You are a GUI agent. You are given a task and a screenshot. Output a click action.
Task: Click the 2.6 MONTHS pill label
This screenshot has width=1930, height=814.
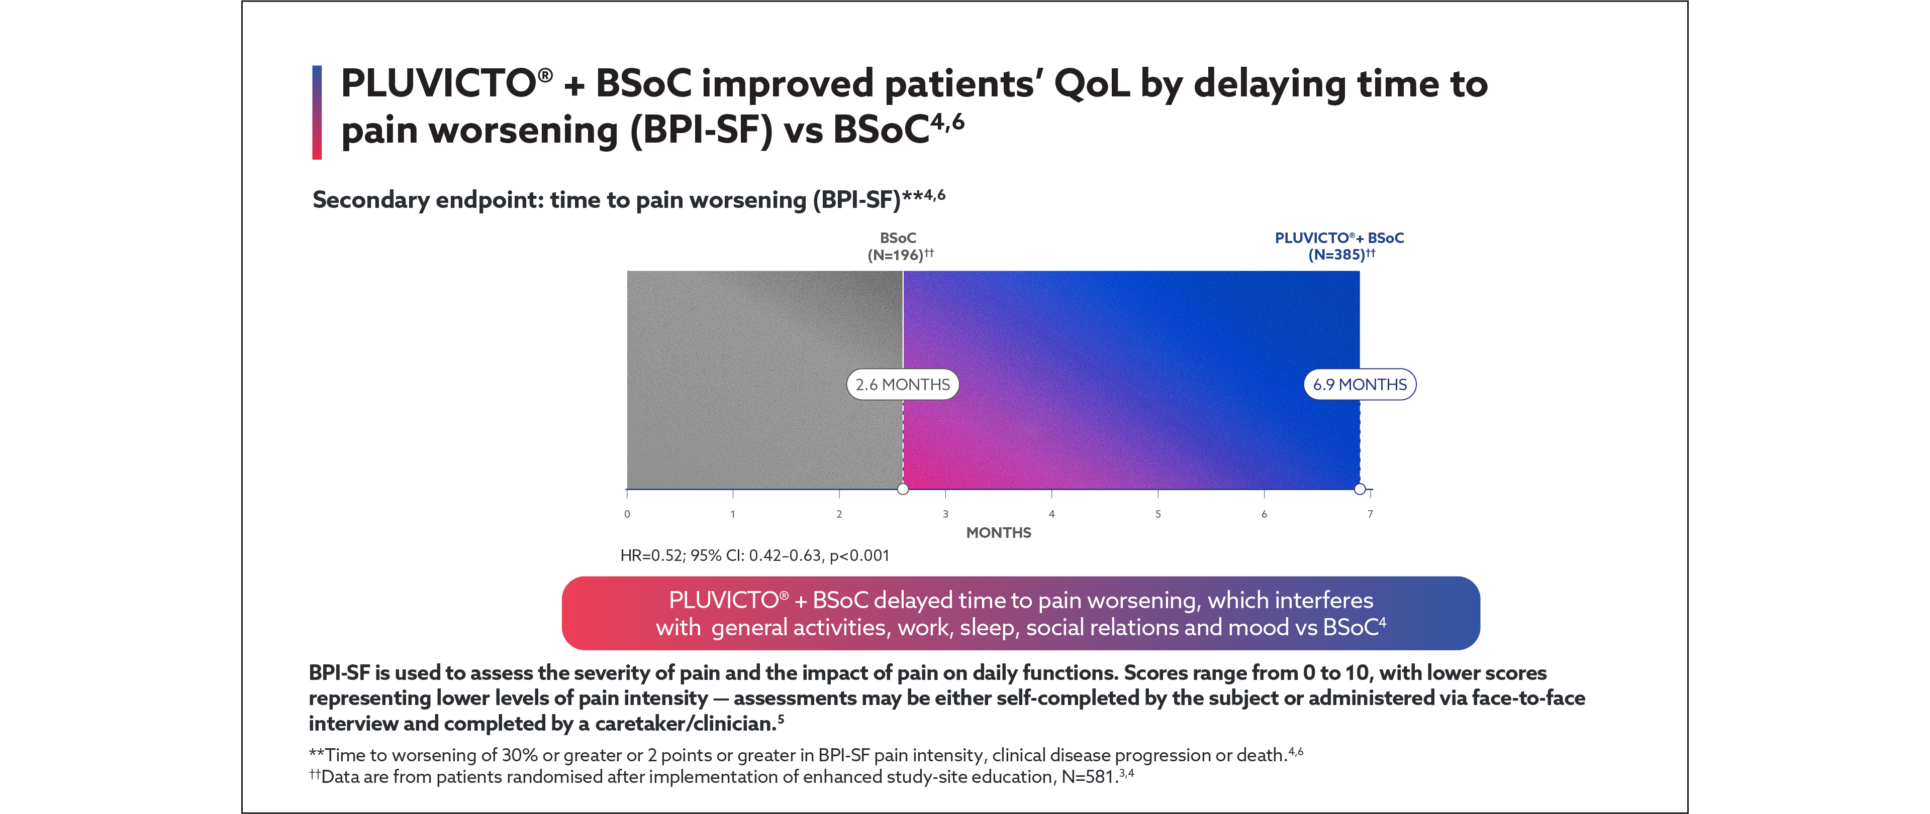pyautogui.click(x=902, y=384)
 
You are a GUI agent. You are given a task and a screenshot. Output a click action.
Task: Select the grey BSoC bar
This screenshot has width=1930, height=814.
pyautogui.click(x=764, y=380)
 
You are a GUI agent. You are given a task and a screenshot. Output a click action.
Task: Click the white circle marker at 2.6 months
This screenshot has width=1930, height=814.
pyautogui.click(x=903, y=489)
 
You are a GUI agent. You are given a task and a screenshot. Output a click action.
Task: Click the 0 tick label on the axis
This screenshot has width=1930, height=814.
pyautogui.click(x=627, y=514)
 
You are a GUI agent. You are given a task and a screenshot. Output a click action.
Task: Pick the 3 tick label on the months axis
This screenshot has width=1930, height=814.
pyautogui.click(x=945, y=514)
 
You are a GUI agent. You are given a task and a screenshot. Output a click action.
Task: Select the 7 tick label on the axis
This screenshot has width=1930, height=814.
pyautogui.click(x=1370, y=514)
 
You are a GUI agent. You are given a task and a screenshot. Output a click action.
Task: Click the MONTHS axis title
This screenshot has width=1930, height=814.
pyautogui.click(x=998, y=532)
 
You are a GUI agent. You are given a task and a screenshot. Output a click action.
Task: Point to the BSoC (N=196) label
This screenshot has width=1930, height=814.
pyautogui.click(x=899, y=247)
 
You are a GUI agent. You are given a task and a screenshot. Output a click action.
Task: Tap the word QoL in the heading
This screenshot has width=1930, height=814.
pyautogui.click(x=1092, y=84)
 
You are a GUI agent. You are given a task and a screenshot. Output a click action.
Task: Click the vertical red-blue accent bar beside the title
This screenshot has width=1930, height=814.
pyautogui.click(x=317, y=112)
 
